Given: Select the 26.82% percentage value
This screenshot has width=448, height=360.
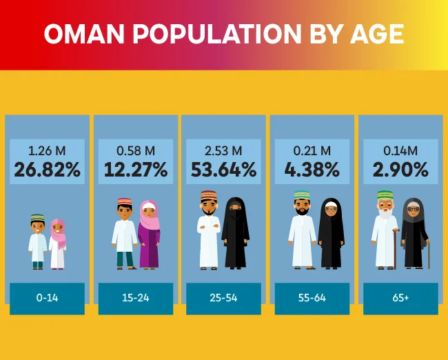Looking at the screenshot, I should pos(47,170).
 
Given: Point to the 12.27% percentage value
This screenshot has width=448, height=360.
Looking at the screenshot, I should pos(136,170).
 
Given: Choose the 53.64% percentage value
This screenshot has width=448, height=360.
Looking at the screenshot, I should pos(224,170).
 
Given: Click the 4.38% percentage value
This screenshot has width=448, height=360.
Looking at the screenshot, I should pos(312,170).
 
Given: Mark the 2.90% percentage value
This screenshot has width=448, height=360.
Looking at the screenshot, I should pos(400,170).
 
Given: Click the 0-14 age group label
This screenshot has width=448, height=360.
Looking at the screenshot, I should pos(47,299).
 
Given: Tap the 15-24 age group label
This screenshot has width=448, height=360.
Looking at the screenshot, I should pos(136,299).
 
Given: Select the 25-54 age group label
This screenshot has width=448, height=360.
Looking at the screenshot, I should pos(224,299).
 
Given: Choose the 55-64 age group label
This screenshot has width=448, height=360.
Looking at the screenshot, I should pos(312,299).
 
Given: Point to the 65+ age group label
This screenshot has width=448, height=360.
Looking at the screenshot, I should pos(400,299).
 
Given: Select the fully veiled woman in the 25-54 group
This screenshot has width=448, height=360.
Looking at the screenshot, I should pos(235,232).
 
